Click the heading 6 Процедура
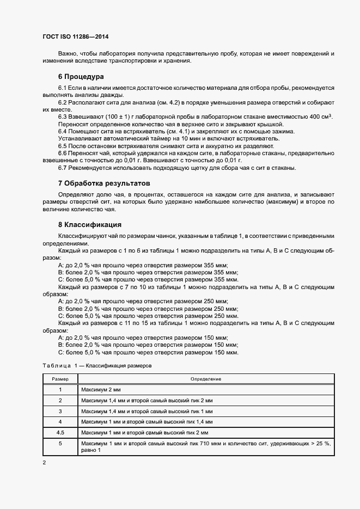81,76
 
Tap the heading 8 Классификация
89,224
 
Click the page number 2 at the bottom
44,462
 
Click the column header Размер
60,378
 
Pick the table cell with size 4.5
60,432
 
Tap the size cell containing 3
60,410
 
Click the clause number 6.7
63,168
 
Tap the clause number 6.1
63,88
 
